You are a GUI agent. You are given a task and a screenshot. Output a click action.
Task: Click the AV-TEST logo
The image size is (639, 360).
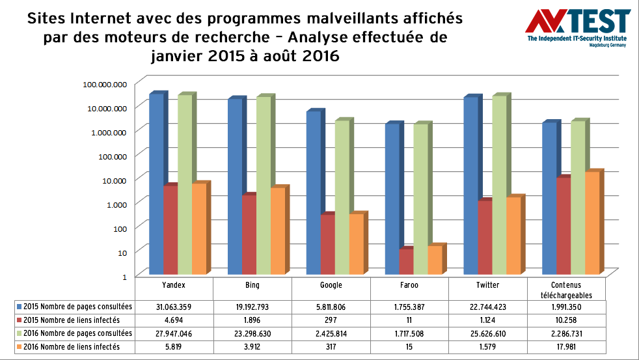coord(578,26)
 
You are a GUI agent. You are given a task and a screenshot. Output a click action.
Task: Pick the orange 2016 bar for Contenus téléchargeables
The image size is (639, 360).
coord(593,222)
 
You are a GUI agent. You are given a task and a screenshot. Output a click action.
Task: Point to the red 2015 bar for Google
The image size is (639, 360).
coord(327,243)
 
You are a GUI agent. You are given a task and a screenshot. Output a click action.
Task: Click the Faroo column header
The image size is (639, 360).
coord(409,285)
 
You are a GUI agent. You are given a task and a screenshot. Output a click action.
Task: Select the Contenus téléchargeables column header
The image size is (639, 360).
coord(566,289)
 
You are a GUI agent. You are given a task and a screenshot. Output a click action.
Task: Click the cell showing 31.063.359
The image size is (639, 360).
coord(174,306)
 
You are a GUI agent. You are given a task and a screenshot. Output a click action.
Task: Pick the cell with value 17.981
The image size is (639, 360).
coord(566,347)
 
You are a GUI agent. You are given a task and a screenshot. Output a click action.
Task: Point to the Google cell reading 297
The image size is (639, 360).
coord(331,320)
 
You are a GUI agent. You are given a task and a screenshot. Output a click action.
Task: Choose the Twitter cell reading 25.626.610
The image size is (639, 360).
coord(488,333)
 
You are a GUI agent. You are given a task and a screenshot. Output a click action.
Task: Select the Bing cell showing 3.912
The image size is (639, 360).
coord(252,347)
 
